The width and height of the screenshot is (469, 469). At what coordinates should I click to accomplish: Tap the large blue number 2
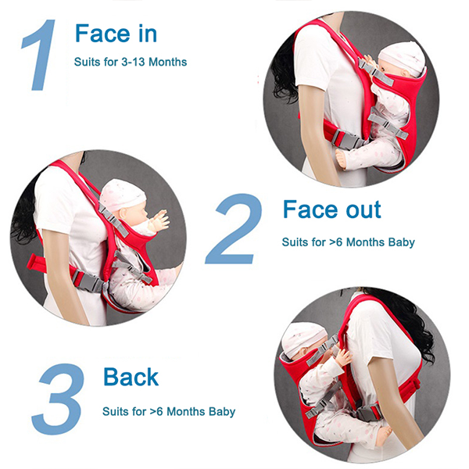coord(234,229)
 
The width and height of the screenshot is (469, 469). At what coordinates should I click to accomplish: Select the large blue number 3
coord(59,399)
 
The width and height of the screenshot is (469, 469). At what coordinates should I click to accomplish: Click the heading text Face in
coord(116,34)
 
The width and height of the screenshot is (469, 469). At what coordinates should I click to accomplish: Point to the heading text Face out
coord(332,209)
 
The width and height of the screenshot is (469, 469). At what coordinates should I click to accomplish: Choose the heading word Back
coord(131,377)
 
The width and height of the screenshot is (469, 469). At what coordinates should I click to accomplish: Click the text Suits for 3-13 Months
coord(131,62)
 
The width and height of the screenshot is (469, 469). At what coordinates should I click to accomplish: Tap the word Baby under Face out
coord(402,242)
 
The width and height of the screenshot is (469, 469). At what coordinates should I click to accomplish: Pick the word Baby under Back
coord(222,412)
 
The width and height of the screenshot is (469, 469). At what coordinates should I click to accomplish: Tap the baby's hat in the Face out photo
coord(122,195)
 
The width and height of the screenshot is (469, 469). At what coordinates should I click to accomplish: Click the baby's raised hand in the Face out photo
coord(159,221)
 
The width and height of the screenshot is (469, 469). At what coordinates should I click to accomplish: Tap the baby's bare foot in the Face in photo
coord(343,158)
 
